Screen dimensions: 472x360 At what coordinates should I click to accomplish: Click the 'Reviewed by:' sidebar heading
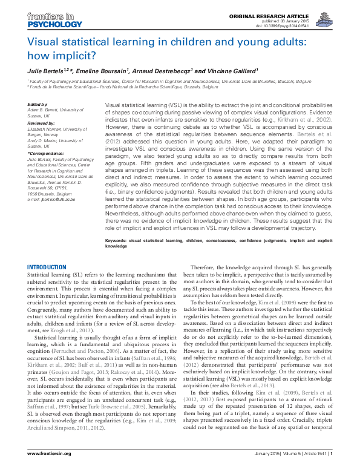[x=41, y=123]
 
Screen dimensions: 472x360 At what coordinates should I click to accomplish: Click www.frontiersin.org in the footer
[x=50, y=462]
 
